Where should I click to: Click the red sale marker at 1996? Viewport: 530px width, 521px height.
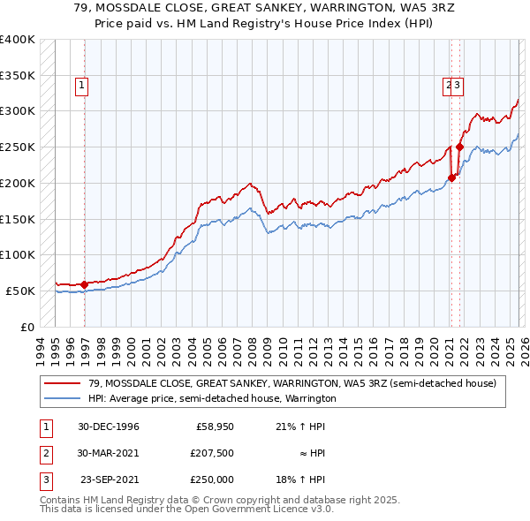[84, 284]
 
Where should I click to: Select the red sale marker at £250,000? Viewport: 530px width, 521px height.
[460, 147]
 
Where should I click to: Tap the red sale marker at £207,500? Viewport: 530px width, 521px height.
[451, 177]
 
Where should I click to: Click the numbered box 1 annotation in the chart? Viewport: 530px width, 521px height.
[80, 86]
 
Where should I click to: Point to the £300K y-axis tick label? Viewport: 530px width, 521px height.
[19, 111]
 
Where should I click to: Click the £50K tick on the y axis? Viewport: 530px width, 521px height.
[22, 291]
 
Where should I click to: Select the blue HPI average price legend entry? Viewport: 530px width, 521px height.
[212, 398]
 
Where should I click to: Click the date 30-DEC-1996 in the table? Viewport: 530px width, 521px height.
[109, 427]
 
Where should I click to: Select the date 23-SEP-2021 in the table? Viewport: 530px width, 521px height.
[110, 479]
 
